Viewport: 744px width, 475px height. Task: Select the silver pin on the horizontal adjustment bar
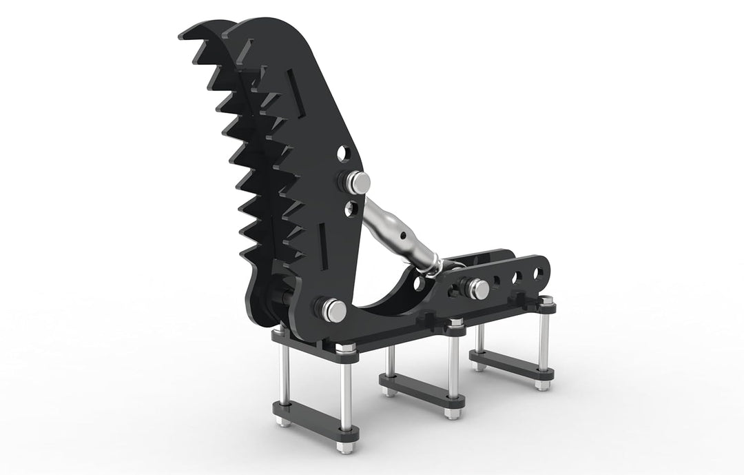(x=477, y=288)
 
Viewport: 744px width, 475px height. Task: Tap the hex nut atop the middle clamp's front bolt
(x=455, y=322)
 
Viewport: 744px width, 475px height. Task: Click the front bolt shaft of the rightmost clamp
(x=543, y=338)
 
